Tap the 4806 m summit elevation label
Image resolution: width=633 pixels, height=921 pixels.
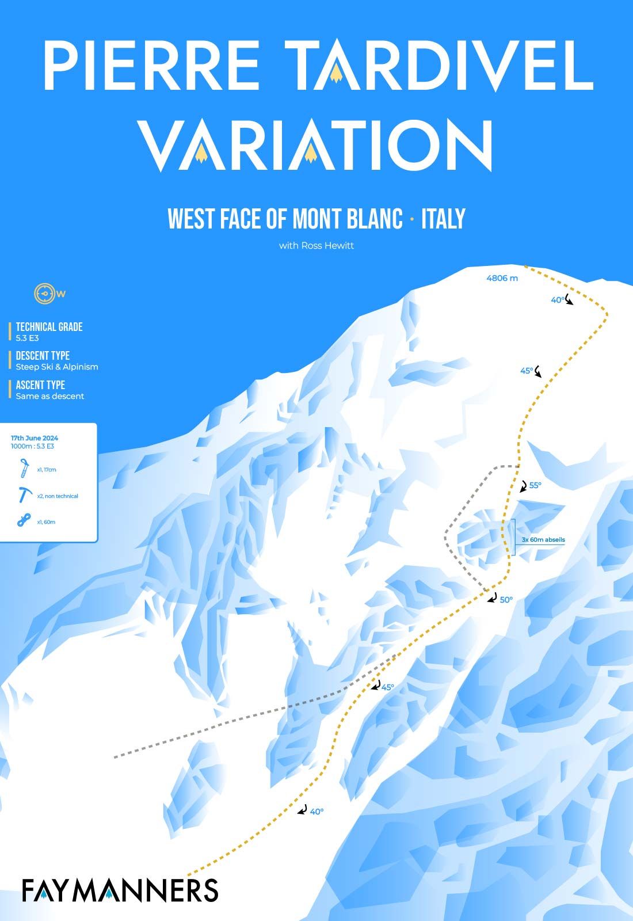click(502, 278)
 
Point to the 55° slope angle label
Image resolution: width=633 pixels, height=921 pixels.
click(535, 485)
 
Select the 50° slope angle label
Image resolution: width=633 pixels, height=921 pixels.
click(506, 599)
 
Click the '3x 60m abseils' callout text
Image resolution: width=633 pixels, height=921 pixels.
click(543, 540)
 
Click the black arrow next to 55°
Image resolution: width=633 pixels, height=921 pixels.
click(523, 486)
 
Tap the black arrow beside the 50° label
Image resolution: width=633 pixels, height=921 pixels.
click(491, 598)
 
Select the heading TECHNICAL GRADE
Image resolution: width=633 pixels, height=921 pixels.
click(49, 327)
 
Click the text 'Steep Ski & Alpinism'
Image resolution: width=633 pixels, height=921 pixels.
click(56, 367)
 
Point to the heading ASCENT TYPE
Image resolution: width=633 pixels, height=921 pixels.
click(40, 385)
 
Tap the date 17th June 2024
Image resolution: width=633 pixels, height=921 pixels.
click(35, 438)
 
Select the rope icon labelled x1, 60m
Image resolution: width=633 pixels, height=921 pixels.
click(23, 522)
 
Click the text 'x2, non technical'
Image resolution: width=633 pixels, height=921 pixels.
click(57, 496)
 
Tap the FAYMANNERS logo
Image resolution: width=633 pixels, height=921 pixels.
click(120, 889)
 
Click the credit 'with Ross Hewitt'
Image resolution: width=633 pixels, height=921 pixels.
click(316, 246)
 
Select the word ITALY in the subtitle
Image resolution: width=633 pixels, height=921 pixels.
click(443, 219)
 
